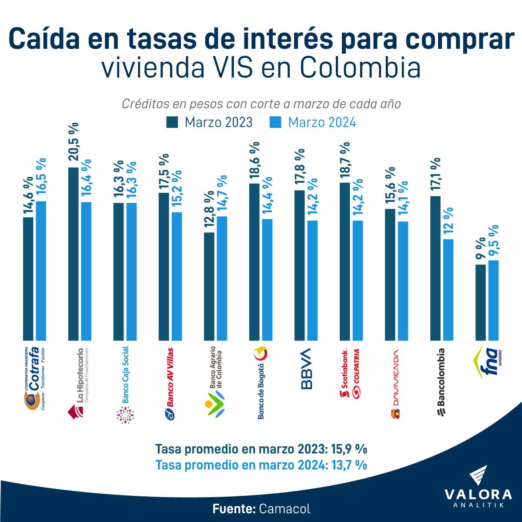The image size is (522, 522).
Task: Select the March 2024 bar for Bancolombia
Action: pyautogui.click(x=448, y=289)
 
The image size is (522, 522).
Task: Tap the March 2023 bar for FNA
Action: pyautogui.click(x=481, y=302)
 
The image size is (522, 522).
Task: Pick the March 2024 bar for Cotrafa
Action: pyautogui.click(x=41, y=270)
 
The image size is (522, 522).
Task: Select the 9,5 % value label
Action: pyautogui.click(x=494, y=241)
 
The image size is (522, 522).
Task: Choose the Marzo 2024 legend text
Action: pyautogui.click(x=322, y=122)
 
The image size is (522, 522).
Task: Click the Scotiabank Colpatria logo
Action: pyautogui.click(x=350, y=374)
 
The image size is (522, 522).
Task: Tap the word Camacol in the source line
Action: pyautogui.click(x=284, y=509)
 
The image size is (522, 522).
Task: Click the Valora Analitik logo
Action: pyautogui.click(x=478, y=487)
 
